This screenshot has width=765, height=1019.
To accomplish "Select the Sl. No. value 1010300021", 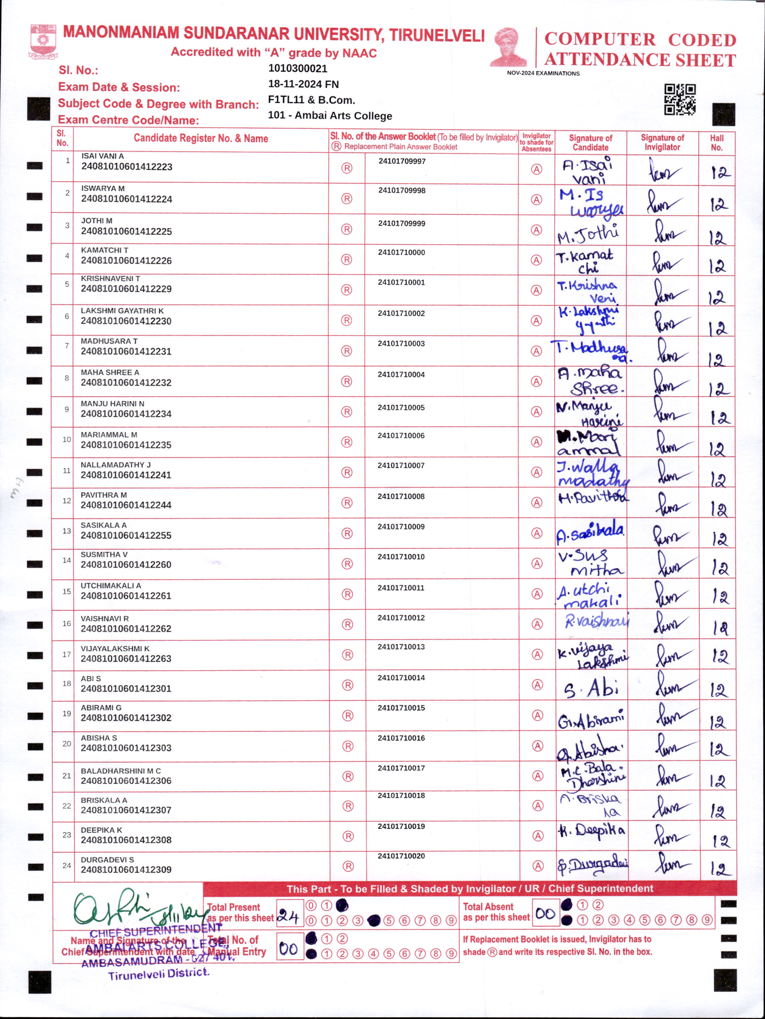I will coord(298,69).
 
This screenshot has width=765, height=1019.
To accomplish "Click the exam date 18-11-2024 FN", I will coord(303,84).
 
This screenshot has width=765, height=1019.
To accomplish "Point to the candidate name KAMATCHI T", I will coord(105,250).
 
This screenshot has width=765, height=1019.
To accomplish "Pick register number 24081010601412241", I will coord(126,475).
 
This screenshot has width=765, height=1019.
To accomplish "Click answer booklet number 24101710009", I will coord(401,527).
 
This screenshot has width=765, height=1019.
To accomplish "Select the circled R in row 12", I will coord(347,503).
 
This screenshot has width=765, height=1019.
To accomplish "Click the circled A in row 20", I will coord(537,746).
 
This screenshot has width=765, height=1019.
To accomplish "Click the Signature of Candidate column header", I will coord(590,143).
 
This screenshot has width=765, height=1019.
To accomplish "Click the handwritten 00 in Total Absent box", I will coord(545,914).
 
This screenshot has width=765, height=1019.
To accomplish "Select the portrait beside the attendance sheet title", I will coord(508,47).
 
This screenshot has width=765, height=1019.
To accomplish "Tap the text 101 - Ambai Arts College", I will coord(330,116).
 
